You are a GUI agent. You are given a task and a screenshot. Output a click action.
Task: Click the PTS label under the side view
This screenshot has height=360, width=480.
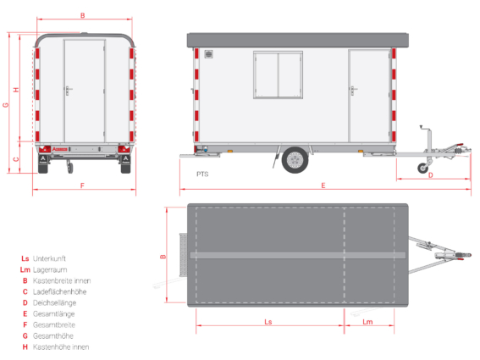point(202,174)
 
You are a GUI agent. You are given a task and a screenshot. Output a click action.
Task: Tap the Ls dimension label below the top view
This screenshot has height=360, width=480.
point(268,322)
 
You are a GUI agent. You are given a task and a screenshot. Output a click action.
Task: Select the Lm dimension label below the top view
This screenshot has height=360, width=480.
point(367,322)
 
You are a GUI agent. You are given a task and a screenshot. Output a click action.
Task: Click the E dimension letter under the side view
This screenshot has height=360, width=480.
point(323,186)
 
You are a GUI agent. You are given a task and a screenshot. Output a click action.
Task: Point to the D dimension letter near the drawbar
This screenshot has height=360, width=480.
point(431,175)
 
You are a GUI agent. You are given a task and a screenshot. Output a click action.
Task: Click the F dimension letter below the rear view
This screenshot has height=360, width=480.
point(82,186)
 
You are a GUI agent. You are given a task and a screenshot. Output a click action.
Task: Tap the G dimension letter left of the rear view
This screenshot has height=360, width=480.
point(6,105)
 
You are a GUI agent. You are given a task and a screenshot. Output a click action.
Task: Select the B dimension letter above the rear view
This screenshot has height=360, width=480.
point(83,15)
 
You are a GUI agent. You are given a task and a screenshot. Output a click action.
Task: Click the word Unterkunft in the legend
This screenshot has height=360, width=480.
point(49,258)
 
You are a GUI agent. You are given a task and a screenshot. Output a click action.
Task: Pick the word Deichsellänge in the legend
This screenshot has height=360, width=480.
point(54,302)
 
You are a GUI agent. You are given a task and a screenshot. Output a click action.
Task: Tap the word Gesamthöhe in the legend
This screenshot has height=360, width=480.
point(53,335)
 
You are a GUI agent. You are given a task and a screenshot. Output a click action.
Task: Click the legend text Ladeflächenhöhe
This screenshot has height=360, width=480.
point(60,291)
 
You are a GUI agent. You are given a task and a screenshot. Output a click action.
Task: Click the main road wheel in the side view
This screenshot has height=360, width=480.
point(295,160)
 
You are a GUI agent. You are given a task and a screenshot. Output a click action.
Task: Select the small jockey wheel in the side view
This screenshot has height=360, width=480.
point(423,168)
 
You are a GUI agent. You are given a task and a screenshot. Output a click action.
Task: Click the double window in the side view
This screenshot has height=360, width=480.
point(278,75)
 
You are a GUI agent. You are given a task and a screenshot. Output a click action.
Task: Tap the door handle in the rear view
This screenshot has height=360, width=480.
point(69,91)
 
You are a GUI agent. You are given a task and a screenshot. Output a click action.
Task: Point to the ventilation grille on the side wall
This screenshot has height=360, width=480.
point(209,54)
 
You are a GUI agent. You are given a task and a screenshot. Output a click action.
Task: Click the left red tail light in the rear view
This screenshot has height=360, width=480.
point(44,149)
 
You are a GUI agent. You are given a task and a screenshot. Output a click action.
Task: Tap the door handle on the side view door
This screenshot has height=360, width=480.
point(353,90)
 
